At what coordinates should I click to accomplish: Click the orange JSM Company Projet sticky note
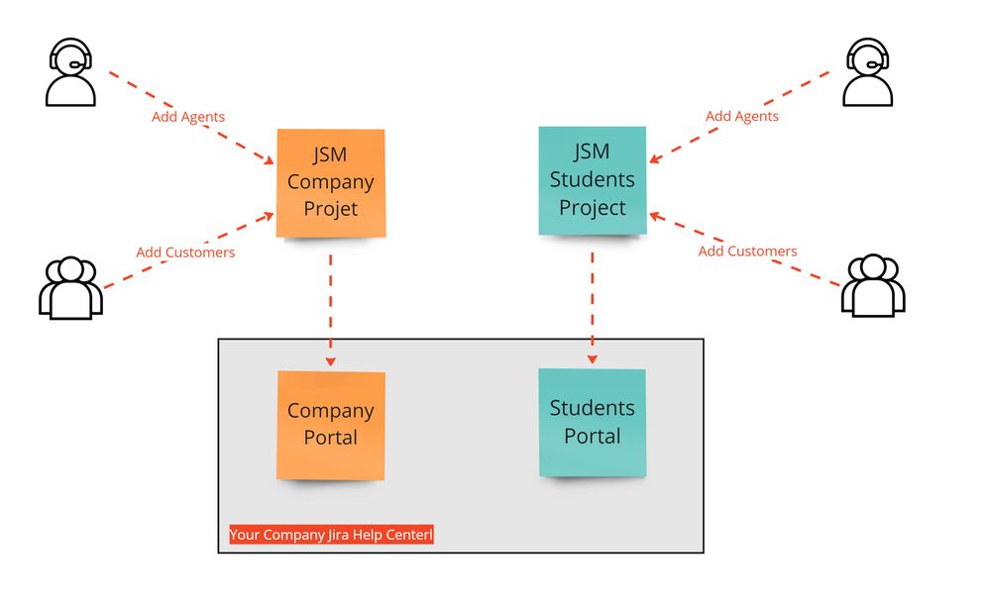330,183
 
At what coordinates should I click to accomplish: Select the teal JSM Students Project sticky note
593,180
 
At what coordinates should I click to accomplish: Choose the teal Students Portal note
593,423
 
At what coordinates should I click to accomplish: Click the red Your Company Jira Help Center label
331,535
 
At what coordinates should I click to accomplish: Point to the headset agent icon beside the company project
70,72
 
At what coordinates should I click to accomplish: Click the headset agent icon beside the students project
867,72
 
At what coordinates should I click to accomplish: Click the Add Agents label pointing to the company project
188,117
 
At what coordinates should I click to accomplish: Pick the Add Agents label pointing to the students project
742,116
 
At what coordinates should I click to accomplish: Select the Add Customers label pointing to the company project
185,252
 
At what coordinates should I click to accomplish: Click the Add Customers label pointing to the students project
747,252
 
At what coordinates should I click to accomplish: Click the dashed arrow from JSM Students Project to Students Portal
593,302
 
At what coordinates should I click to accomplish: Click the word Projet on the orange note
330,209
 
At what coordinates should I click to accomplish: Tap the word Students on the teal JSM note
593,180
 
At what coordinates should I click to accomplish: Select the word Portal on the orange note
331,438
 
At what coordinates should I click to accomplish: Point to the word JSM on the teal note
593,152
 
